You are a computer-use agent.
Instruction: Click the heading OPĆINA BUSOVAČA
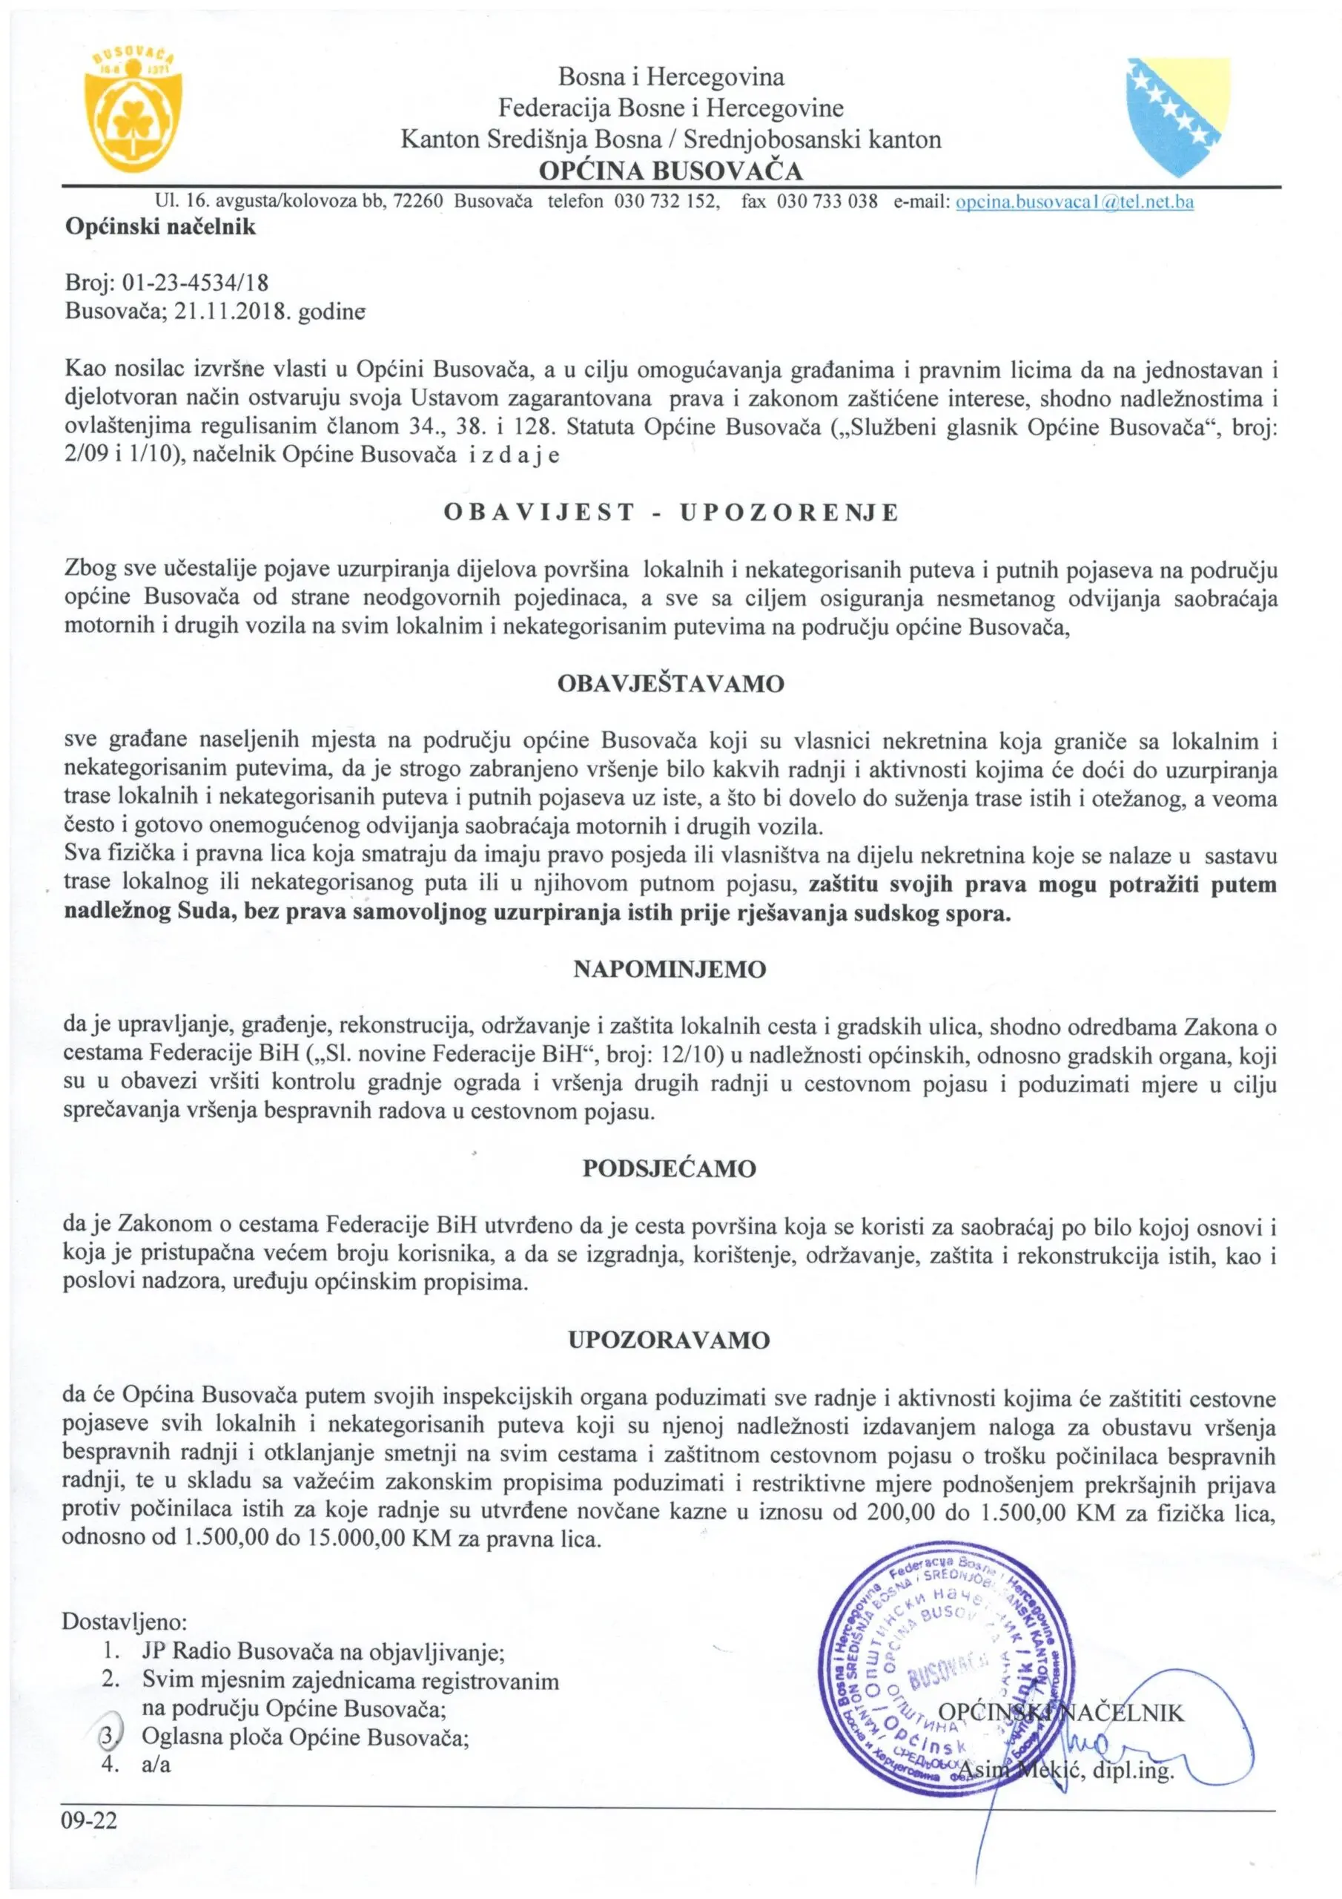[670, 171]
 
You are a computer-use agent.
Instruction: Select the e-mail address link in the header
[1074, 202]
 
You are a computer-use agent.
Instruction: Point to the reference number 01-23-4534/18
[195, 283]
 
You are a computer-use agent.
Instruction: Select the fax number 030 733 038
[827, 202]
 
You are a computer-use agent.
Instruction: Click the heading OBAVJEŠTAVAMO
[670, 685]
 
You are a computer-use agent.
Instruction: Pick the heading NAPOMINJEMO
[670, 970]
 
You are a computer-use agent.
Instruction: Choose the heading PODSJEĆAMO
[670, 1168]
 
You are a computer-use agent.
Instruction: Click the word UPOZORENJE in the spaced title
[789, 513]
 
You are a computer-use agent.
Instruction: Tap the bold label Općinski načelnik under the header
[160, 228]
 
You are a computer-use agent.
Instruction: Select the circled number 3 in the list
[108, 1737]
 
